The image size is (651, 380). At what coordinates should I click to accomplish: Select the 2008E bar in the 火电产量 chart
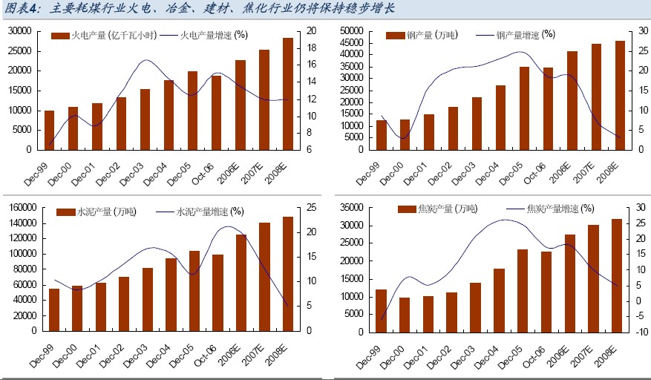[x=287, y=94]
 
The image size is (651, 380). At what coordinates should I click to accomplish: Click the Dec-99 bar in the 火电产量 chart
[x=49, y=130]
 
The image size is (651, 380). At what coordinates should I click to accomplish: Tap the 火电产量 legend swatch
[x=56, y=36]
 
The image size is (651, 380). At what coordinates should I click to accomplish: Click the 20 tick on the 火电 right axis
[x=312, y=31]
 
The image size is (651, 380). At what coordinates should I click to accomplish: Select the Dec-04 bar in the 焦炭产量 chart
[x=499, y=301]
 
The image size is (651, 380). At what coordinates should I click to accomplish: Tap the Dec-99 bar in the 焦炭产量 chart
[x=380, y=311]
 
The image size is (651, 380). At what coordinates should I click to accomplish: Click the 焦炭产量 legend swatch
[x=405, y=209]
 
